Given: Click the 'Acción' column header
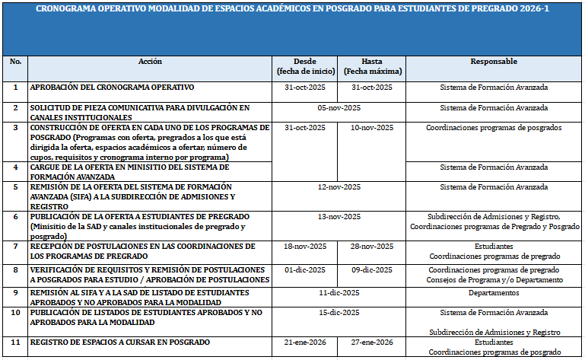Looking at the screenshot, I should coord(150,62).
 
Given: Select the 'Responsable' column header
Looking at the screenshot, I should coord(494,62).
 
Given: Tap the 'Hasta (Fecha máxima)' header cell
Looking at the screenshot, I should coord(372,66).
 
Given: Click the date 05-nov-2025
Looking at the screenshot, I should coord(339,108).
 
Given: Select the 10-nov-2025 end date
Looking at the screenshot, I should coord(372,128).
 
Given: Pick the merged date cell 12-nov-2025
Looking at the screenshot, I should coord(339,186).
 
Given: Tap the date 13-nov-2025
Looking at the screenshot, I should coord(339,217).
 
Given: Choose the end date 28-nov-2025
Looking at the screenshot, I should coord(372,247).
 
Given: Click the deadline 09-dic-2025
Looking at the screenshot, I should coord(372,269).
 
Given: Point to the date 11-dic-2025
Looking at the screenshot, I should coord(339,292).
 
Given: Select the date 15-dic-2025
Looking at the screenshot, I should coord(339,313).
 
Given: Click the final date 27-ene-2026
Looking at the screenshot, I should coord(372,342).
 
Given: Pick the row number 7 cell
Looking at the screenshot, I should coord(15,247).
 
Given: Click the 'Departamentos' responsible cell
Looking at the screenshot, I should coord(494,292).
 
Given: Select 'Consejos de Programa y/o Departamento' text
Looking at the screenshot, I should coord(494,279).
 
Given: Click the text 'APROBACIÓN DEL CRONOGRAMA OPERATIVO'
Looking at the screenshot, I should coord(112,88).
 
